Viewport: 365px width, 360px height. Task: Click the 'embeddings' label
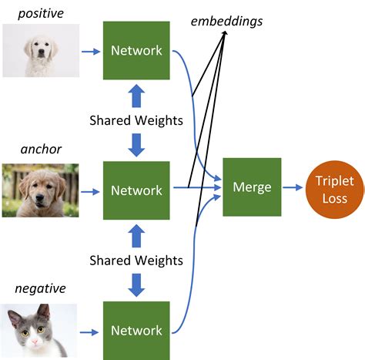226,21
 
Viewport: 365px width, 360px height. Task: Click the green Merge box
252,187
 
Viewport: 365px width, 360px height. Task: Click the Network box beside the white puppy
136,51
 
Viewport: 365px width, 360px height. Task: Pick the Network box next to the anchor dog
136,190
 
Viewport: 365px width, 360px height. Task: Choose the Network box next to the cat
136,330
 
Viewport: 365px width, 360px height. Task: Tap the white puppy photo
40,51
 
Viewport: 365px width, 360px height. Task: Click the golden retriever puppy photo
40,190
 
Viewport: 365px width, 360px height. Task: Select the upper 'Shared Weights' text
136,120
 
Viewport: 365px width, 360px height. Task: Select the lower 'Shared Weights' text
136,260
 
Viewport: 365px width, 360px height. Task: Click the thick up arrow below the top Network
136,96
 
